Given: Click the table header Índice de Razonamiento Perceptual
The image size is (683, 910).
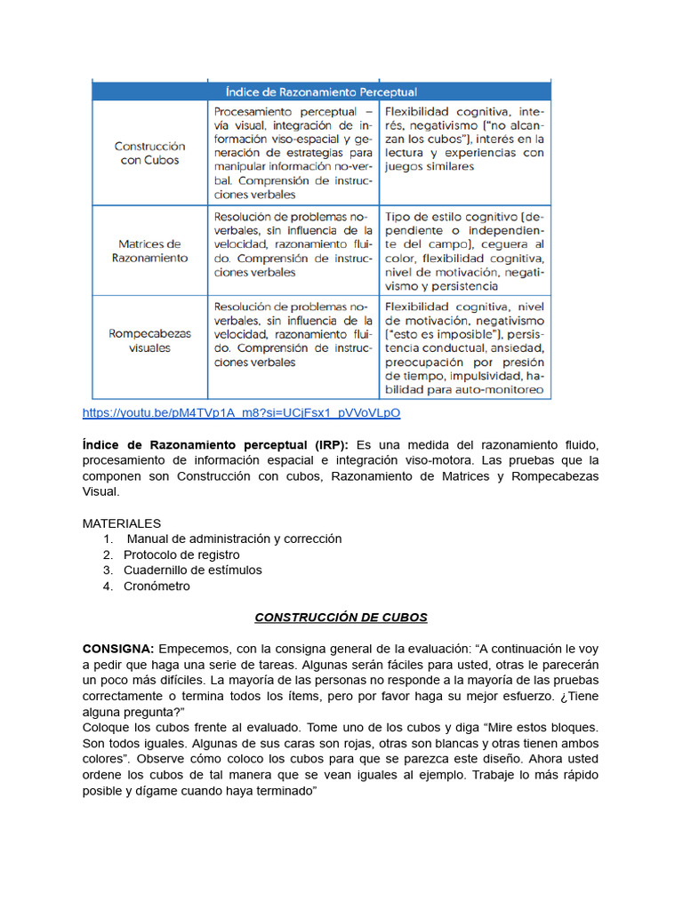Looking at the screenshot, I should [321, 92].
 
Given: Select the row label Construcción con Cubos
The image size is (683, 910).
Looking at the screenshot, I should [149, 153].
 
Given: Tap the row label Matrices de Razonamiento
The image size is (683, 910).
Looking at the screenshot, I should [149, 251].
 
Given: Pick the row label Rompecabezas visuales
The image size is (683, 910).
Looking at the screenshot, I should [149, 341].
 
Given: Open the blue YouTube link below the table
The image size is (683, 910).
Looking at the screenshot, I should [241, 413].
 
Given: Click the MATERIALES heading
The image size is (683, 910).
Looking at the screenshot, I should [122, 523].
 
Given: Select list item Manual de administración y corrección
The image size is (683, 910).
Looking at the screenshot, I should [234, 539].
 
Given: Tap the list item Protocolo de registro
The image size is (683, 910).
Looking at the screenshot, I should [181, 555].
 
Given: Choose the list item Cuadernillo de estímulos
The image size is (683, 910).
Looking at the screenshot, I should [192, 570].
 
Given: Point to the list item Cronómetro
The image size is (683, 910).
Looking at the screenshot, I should [157, 586].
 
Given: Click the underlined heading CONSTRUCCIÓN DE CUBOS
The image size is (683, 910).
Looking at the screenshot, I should [341, 617].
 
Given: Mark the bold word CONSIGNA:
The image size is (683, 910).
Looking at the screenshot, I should [118, 648].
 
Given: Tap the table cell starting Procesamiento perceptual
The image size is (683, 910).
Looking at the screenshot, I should [293, 153].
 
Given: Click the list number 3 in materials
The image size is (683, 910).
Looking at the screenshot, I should [107, 570].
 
